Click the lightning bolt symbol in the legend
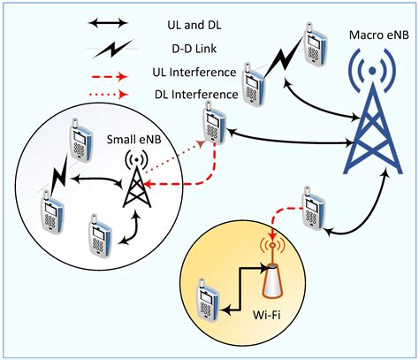(x=112, y=50)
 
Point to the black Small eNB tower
(x=135, y=181)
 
